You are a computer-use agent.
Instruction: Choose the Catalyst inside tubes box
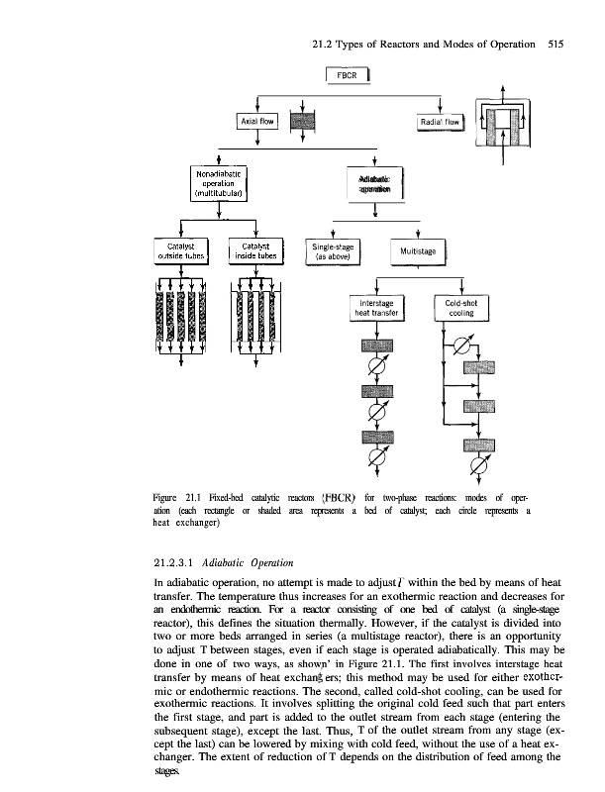pyautogui.click(x=254, y=252)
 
